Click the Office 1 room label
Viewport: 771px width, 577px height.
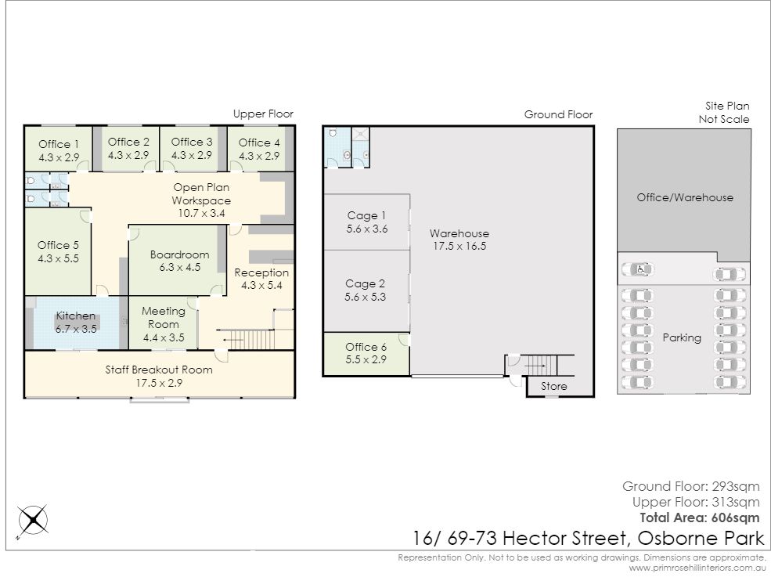coord(59,144)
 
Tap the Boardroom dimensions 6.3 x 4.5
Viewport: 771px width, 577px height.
coord(180,267)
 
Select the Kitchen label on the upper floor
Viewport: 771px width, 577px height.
coord(76,316)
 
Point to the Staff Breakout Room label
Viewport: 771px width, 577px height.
coord(159,370)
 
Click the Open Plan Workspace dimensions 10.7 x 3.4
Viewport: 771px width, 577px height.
coord(202,214)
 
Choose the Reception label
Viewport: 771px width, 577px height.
coord(261,272)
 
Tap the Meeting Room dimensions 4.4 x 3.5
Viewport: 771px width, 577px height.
coord(164,337)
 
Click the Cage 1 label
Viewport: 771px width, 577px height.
coord(367,215)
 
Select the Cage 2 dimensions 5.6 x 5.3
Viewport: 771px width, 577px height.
coord(366,297)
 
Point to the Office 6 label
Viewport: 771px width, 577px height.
coord(366,347)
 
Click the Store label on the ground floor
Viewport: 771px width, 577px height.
coord(553,386)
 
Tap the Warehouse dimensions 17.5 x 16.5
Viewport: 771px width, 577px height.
coord(459,246)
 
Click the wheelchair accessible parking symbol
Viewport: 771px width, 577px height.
coord(641,269)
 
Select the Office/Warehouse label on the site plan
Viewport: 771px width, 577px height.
coord(685,197)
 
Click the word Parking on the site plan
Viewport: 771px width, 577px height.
coord(682,337)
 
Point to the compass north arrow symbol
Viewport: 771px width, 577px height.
coord(33,520)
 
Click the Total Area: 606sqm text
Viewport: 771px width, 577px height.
coord(700,517)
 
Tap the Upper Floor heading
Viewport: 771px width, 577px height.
coord(263,114)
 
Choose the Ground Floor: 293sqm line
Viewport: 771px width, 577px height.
coord(691,486)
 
